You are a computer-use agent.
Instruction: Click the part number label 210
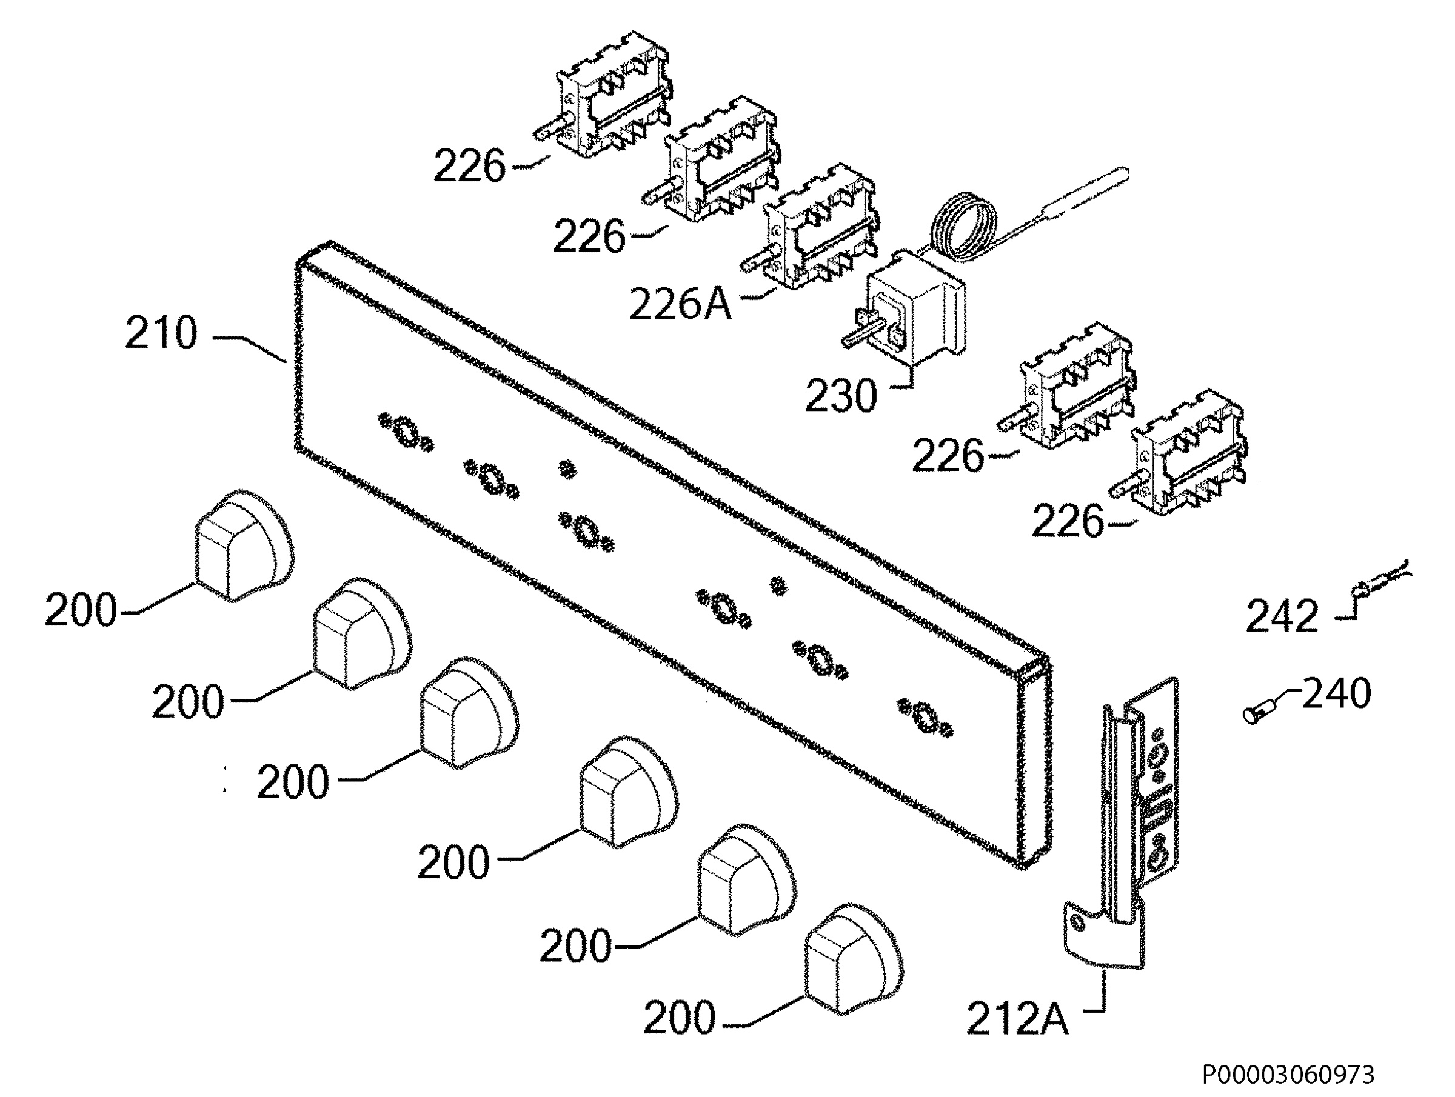pyautogui.click(x=161, y=333)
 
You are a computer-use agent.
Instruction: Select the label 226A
pyautogui.click(x=680, y=304)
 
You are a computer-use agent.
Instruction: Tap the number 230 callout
pyautogui.click(x=841, y=396)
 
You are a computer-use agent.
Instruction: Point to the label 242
pyautogui.click(x=1282, y=616)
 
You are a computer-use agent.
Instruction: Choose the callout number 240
pyautogui.click(x=1337, y=693)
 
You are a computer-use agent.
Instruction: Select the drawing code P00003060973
pyautogui.click(x=1288, y=1075)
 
